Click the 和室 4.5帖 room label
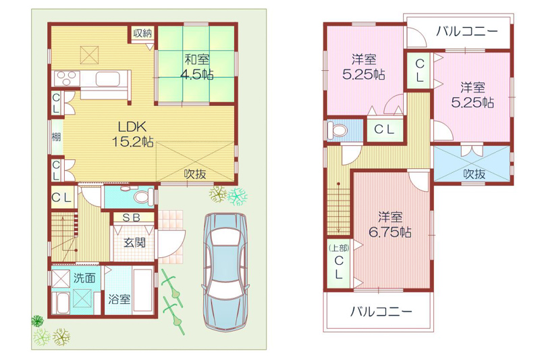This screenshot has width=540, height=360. pyautogui.click(x=196, y=67)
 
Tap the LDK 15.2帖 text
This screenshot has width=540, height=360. pyautogui.click(x=132, y=134)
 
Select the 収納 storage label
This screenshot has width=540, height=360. pyautogui.click(x=142, y=33)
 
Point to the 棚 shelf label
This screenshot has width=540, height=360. pyautogui.click(x=56, y=136)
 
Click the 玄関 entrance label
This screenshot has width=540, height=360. pyautogui.click(x=134, y=242)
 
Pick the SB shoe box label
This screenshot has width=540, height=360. pyautogui.click(x=132, y=217)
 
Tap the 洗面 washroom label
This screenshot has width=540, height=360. pyautogui.click(x=84, y=278)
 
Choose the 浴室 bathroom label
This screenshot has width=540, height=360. pyautogui.click(x=119, y=299)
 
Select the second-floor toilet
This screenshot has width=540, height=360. pyautogui.click(x=337, y=130)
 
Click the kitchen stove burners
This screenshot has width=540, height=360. pyautogui.click(x=66, y=78)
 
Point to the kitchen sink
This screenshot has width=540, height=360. pyautogui.click(x=108, y=79)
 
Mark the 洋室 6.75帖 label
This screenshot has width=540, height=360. pyautogui.click(x=390, y=225)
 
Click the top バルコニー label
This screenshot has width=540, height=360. pyautogui.click(x=466, y=32)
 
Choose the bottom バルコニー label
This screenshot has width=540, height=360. pyautogui.click(x=381, y=312)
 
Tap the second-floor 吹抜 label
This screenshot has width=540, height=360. pyautogui.click(x=474, y=174)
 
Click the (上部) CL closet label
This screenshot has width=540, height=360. pyautogui.click(x=339, y=262)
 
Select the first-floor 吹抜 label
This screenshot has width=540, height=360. pyautogui.click(x=195, y=174)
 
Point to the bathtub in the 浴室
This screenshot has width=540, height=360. pyautogui.click(x=142, y=289)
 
